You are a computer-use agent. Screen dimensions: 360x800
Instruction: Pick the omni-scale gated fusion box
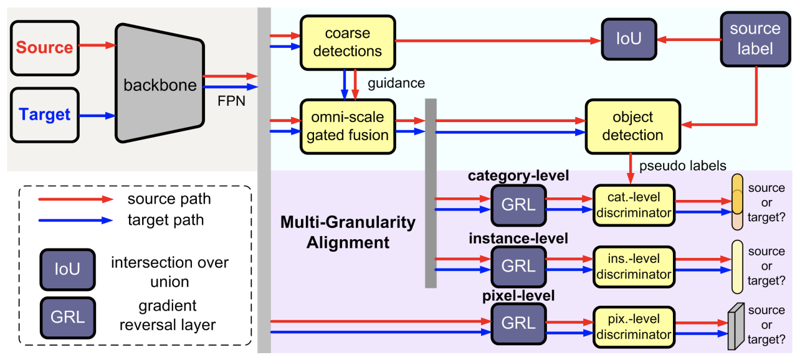pos(348,125)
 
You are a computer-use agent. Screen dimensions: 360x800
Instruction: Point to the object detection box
pos(632,126)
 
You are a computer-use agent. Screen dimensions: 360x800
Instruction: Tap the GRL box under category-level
pos(517,204)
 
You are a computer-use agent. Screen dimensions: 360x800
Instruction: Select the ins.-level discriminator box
pos(633,266)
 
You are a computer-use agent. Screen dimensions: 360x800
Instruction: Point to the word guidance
pos(396,83)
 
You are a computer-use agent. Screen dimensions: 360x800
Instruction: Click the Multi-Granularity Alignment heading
pos(348,231)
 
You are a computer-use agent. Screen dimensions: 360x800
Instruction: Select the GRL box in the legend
pos(67,316)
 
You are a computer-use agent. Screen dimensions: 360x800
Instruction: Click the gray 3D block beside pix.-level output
pos(736,326)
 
